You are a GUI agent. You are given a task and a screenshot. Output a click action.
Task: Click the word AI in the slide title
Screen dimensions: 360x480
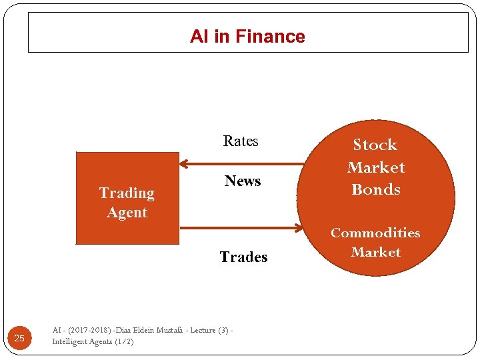pos(199,37)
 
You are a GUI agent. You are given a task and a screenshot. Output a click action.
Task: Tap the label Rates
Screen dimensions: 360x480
pos(241,141)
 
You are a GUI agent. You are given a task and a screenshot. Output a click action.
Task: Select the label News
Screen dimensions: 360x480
pos(243,181)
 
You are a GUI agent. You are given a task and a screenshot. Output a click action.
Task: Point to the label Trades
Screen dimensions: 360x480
pos(243,257)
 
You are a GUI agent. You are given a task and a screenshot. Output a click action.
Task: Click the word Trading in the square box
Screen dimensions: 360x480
pos(127,193)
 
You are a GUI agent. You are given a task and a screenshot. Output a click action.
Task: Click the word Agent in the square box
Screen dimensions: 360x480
pos(127,213)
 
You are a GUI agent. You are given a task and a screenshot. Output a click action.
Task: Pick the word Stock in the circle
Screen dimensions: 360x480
pos(375,145)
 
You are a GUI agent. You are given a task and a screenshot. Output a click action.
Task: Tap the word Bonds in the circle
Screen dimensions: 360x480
pos(376,189)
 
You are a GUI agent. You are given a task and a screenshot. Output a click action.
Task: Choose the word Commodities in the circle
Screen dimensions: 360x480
pos(375,233)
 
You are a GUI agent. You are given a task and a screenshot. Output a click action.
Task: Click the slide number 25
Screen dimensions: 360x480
pos(19,339)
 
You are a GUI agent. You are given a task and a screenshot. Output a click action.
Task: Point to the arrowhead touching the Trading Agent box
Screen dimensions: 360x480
pos(185,163)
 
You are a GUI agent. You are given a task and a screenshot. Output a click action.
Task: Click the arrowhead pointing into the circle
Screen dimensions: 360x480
pos(299,228)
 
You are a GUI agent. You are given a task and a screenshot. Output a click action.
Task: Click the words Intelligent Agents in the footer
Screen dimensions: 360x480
pos(82,341)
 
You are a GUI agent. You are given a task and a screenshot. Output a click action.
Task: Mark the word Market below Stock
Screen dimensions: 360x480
pos(376,167)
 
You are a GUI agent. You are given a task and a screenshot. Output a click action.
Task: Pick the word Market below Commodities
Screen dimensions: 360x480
pos(376,252)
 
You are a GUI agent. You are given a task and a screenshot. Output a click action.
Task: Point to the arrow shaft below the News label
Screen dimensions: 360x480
pos(240,228)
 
